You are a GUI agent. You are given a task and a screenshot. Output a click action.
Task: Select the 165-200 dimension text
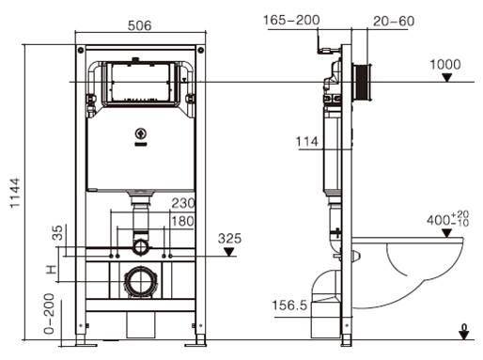coord(291,18)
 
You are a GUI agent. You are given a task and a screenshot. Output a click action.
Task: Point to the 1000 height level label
coord(445,64)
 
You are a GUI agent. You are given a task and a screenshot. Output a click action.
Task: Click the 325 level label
coord(230,239)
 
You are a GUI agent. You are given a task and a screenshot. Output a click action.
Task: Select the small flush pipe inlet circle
coord(140,248)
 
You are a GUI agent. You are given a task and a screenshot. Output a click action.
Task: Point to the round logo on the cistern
coord(141,133)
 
